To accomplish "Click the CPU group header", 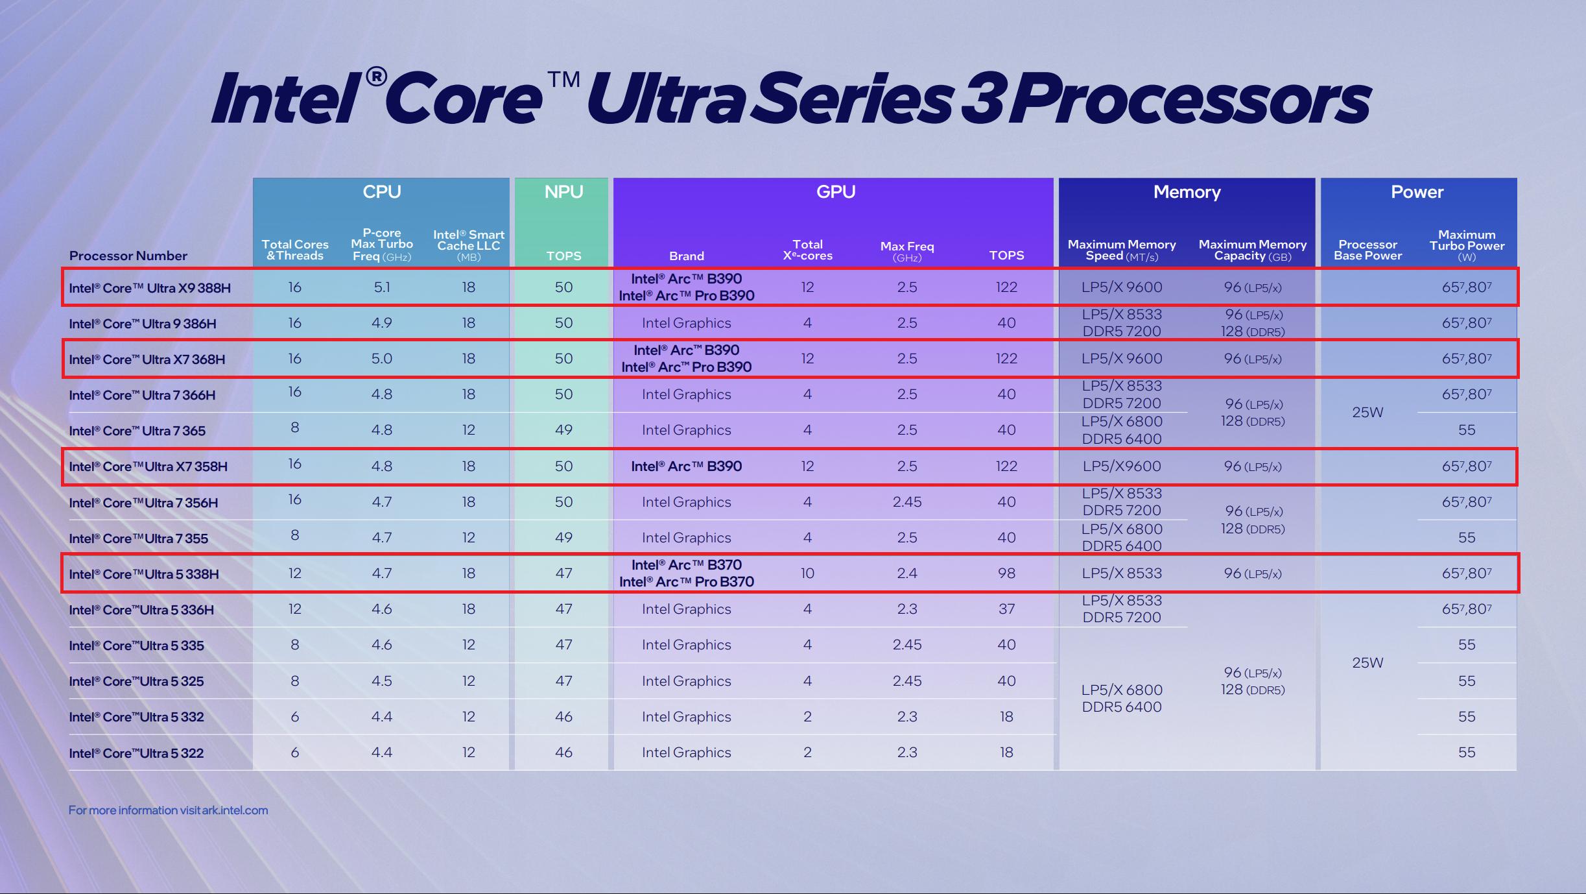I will click(x=381, y=192).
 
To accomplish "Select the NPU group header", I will click(x=563, y=192).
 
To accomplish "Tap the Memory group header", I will click(x=1187, y=192).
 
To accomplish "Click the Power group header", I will click(x=1417, y=192).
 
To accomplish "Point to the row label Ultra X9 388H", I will click(x=150, y=288).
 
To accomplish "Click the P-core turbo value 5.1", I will click(x=381, y=287).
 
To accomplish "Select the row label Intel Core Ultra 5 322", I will click(x=136, y=753).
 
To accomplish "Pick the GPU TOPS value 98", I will click(x=1006, y=574).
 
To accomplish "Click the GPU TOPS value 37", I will click(x=1006, y=609).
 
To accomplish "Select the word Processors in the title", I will click(x=1190, y=99).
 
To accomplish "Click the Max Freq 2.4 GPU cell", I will click(x=906, y=574).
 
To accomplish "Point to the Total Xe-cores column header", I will click(x=807, y=250).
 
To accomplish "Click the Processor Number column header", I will click(x=128, y=256).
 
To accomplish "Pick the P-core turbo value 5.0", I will click(x=381, y=359).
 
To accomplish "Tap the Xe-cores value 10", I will click(x=807, y=574).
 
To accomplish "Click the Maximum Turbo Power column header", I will click(x=1467, y=245).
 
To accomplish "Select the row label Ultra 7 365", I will click(x=137, y=431).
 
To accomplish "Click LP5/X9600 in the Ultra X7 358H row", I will click(x=1122, y=466).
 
